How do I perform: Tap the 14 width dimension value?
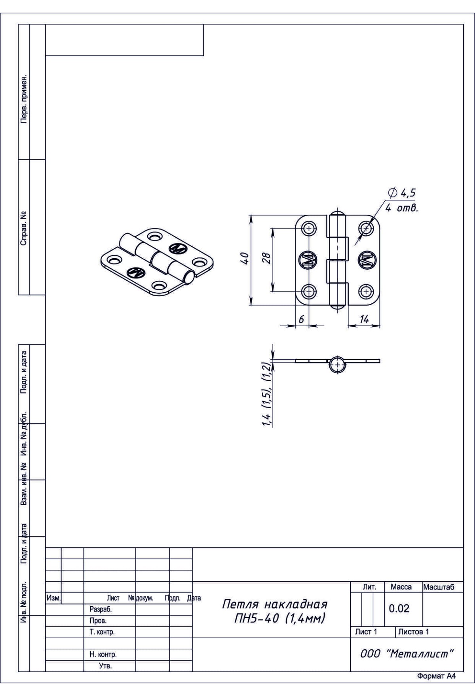364,320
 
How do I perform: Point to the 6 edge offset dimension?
301,320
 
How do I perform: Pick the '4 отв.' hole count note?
402,207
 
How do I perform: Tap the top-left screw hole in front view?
309,228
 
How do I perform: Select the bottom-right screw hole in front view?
366,291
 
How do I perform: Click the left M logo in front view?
309,260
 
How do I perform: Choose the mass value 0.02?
399,608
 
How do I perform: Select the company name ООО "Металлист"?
407,654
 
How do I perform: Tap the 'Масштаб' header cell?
439,587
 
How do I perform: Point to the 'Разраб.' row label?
101,609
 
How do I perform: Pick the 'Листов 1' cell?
413,632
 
